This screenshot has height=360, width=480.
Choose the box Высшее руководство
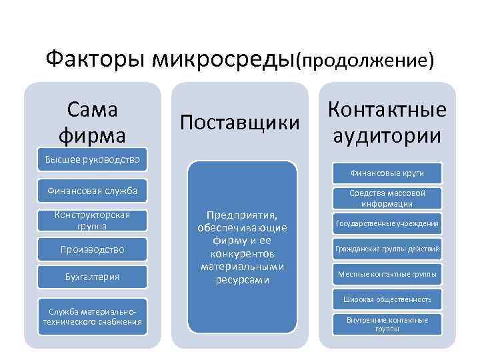coord(92,159)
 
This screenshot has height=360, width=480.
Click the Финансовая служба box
coord(92,192)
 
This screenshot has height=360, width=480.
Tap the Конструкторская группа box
coord(92,221)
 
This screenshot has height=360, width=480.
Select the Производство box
coord(92,249)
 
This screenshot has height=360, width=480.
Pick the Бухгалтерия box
coord(92,276)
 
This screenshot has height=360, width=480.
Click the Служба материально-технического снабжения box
coord(92,317)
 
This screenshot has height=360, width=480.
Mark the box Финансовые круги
coord(387,173)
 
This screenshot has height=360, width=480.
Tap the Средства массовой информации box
coord(387,198)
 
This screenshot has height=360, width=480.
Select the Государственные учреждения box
coord(387,223)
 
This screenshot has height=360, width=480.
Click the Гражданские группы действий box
coord(387,249)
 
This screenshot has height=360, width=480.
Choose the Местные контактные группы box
coord(387,274)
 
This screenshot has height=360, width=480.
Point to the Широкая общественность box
coord(387,299)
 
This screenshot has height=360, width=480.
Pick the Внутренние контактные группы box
coord(387,325)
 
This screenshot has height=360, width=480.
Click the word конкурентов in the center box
coord(241,254)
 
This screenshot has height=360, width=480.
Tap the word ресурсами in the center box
coord(241,280)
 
